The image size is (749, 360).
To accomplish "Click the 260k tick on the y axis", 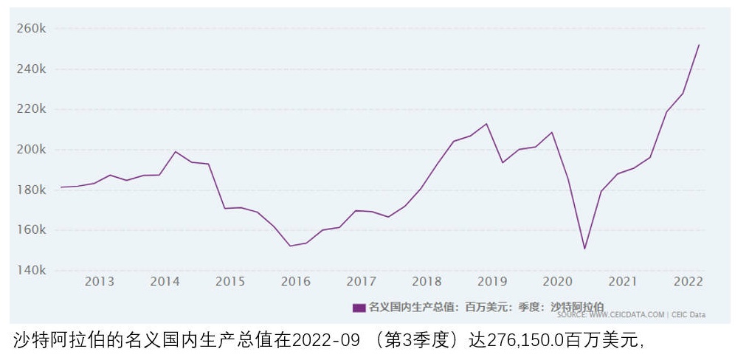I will pyautogui.click(x=32, y=29).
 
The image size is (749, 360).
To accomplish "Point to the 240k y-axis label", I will pyautogui.click(x=32, y=69).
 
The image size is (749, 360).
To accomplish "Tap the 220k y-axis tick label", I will pyautogui.click(x=32, y=109).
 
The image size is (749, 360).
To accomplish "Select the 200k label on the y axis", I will pyautogui.click(x=32, y=150).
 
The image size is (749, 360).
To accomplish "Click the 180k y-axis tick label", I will pyautogui.click(x=32, y=190).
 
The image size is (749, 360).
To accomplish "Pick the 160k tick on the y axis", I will pyautogui.click(x=32, y=230).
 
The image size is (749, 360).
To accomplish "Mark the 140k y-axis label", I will pyautogui.click(x=32, y=271).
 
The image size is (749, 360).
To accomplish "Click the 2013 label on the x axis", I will pyautogui.click(x=100, y=282).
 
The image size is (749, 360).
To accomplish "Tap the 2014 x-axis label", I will pyautogui.click(x=165, y=282).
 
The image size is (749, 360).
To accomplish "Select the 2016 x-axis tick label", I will pyautogui.click(x=296, y=282).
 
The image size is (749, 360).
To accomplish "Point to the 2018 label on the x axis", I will pyautogui.click(x=427, y=282).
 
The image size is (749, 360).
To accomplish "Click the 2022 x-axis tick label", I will pyautogui.click(x=688, y=282).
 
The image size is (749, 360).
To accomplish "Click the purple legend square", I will pyautogui.click(x=359, y=308).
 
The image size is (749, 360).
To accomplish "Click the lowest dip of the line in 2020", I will pyautogui.click(x=584, y=249).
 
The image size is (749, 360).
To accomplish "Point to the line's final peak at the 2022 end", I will pyautogui.click(x=699, y=45).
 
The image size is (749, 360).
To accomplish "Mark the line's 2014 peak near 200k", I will pyautogui.click(x=176, y=151).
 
